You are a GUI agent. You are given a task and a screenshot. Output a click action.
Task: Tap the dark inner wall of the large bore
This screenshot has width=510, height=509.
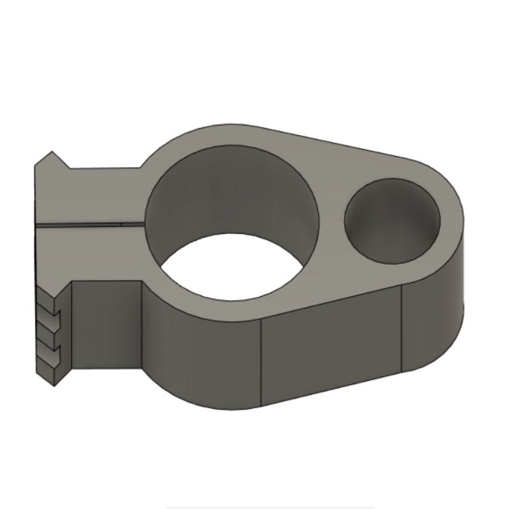click(233, 191)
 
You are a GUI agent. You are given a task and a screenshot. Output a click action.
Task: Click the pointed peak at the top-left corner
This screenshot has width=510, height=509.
click(50, 152)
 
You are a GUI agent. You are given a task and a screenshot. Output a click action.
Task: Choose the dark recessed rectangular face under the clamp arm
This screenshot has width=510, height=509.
click(105, 325)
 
